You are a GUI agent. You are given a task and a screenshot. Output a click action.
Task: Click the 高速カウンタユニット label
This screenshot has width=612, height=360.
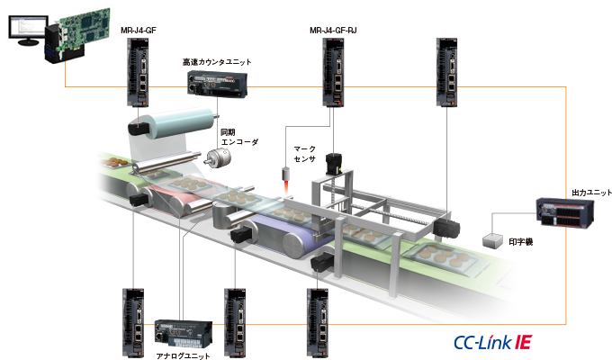click(217, 62)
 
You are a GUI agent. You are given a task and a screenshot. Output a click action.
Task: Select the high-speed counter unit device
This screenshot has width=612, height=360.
click(218, 84)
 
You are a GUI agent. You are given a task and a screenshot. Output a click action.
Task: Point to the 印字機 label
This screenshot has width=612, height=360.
click(521, 241)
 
